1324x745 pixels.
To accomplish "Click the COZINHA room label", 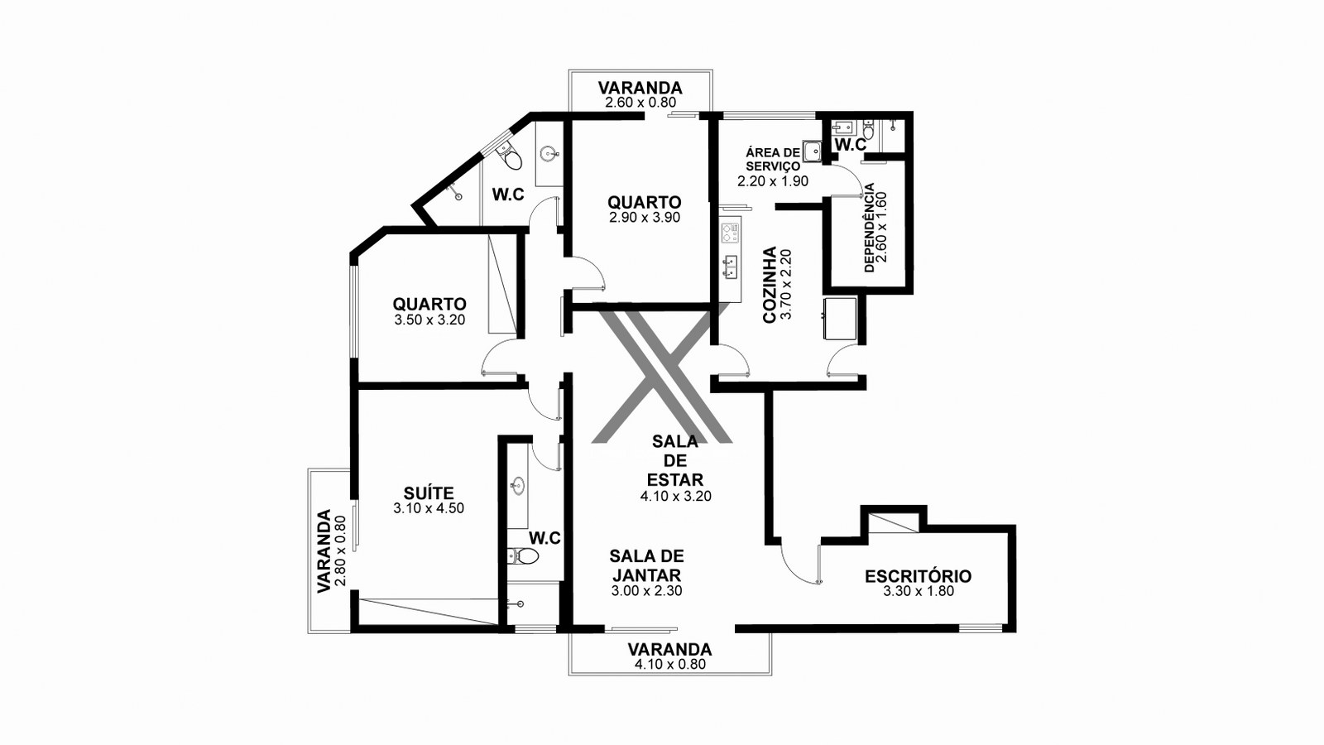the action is click(x=769, y=285).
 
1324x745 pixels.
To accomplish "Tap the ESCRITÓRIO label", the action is click(x=918, y=576).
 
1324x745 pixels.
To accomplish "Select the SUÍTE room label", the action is click(x=429, y=493).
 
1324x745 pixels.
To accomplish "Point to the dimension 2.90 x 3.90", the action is click(x=645, y=218).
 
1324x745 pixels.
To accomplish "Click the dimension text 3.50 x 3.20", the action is click(x=429, y=320).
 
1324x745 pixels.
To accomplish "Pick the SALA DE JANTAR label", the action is click(x=646, y=565).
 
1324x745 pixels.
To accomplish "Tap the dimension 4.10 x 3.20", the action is click(x=675, y=496).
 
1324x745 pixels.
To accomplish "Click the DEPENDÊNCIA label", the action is click(x=869, y=228).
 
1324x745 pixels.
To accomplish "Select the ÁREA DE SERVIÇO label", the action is click(x=773, y=160).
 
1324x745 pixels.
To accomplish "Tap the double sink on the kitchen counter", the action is click(x=731, y=267).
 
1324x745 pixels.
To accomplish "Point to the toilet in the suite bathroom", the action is click(x=523, y=555).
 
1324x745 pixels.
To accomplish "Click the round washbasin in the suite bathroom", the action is click(x=518, y=486).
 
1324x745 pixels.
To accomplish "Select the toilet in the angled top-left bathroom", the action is click(x=508, y=156).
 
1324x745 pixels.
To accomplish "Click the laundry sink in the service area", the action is click(x=812, y=151).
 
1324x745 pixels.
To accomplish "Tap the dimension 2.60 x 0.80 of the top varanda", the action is click(x=640, y=103).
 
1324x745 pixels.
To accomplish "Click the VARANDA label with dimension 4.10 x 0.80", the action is click(x=669, y=649).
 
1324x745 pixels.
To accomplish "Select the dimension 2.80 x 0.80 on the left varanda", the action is click(x=340, y=551).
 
